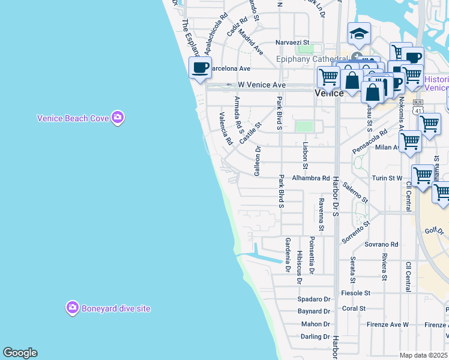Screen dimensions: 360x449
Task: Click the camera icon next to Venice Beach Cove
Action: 118,118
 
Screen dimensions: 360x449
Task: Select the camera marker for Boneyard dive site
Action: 72,308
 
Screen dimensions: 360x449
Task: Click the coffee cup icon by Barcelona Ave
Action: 200,67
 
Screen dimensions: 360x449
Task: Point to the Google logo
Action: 20,353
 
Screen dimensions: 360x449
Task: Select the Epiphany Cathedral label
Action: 312,58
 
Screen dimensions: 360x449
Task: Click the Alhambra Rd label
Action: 310,178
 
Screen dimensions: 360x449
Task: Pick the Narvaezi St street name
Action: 292,43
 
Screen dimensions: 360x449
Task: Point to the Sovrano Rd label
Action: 382,244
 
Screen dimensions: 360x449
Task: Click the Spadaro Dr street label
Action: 314,299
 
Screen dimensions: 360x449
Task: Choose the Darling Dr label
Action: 315,337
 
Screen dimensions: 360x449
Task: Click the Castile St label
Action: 251,133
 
